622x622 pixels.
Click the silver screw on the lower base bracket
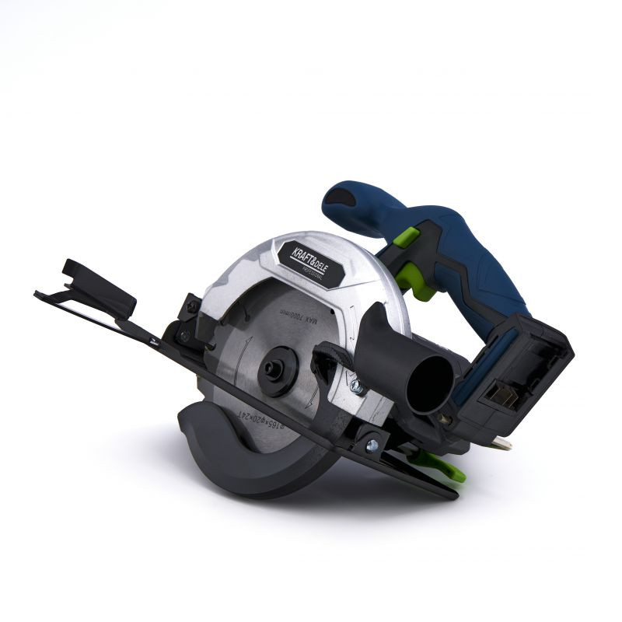click(x=372, y=446)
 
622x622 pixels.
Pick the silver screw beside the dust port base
click(x=355, y=384)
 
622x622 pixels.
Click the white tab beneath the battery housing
click(x=501, y=442)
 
